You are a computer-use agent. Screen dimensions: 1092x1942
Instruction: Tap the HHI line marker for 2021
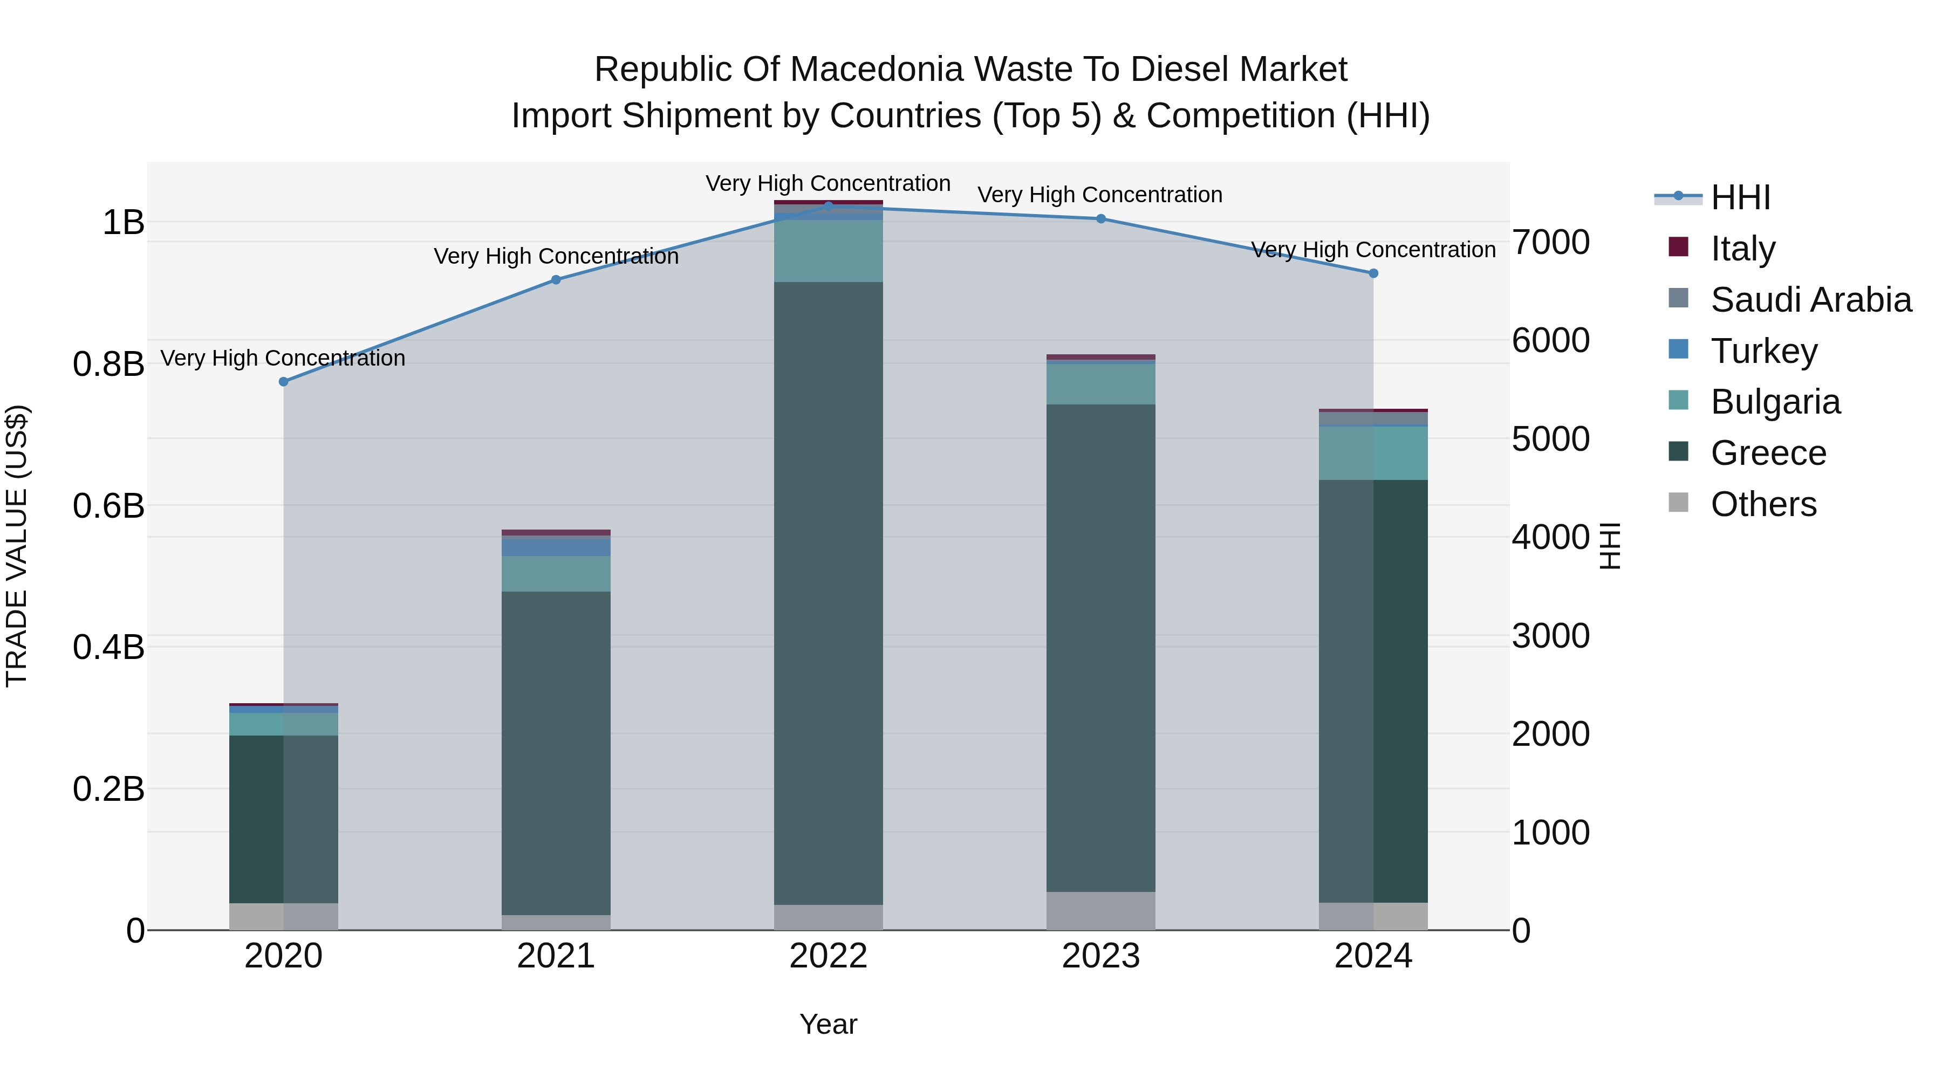556,279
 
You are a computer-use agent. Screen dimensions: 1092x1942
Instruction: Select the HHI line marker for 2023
1100,218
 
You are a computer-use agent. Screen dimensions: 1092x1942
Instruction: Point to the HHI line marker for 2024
1373,273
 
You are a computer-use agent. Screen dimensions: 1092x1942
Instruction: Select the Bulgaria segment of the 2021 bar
556,574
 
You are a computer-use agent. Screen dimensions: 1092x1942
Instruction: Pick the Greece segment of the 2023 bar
1100,648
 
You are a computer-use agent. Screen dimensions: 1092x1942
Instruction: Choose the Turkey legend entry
1763,351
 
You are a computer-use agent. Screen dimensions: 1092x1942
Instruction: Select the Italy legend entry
1742,248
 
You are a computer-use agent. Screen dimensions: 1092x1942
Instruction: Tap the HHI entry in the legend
1740,197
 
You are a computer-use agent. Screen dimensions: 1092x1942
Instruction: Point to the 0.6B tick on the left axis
108,506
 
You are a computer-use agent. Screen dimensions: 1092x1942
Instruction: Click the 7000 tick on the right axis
1551,243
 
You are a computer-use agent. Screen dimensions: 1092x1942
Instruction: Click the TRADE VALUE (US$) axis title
17,546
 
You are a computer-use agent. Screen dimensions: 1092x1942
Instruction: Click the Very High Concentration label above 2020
283,358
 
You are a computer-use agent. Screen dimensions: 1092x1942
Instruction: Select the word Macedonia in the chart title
877,70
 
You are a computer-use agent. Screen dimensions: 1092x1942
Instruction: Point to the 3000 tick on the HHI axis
1551,636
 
